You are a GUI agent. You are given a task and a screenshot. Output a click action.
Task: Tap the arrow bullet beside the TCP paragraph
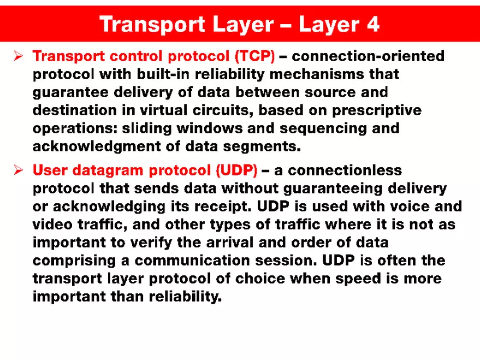click(x=18, y=56)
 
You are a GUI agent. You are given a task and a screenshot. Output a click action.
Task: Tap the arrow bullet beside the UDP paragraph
click(x=18, y=170)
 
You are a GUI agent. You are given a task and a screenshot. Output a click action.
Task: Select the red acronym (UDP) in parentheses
click(x=236, y=170)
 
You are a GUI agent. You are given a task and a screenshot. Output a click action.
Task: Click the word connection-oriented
click(x=369, y=56)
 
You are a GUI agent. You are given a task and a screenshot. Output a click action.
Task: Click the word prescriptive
click(x=374, y=110)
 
